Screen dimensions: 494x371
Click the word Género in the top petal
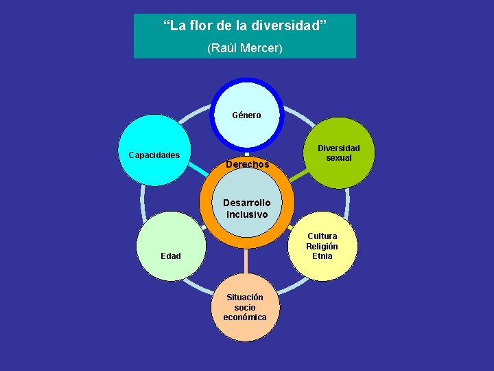(246, 115)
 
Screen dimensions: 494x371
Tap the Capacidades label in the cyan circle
(154, 155)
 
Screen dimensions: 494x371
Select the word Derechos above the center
(247, 165)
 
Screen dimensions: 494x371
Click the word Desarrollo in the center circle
(246, 203)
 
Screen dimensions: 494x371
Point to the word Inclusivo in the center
(247, 214)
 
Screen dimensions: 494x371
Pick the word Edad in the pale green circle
(171, 256)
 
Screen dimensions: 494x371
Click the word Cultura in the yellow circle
(322, 236)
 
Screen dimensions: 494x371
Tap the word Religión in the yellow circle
(322, 247)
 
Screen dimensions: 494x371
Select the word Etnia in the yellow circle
(322, 256)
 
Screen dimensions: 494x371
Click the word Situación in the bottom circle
(245, 297)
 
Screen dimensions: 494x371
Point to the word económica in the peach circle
(245, 317)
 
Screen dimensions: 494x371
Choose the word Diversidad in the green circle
(338, 148)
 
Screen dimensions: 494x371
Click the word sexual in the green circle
(338, 158)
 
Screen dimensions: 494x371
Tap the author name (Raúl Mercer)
(244, 49)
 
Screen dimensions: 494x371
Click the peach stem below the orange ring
(246, 261)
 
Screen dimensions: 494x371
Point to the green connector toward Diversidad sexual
(299, 176)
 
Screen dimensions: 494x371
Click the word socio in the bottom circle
(245, 308)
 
